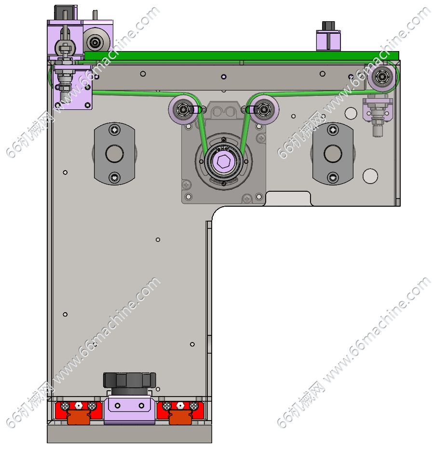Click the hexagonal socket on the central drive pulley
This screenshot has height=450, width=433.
coord(224,161)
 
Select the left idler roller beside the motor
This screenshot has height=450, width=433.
coord(183,109)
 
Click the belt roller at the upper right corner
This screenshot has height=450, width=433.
coord(382,77)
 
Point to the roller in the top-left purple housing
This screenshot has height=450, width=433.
coord(95,43)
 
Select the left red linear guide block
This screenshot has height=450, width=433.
coord(79,410)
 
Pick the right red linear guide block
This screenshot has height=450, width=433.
coord(180,410)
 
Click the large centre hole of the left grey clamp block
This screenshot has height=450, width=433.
coord(115,154)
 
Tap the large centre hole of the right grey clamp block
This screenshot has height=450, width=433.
coord(333,154)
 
